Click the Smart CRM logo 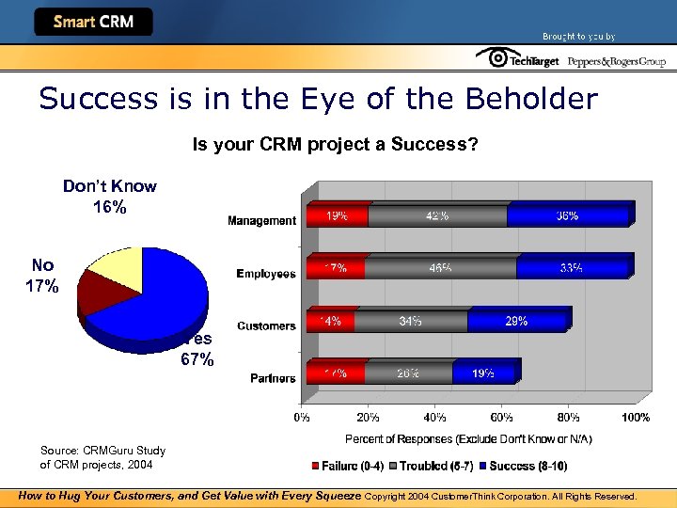94,22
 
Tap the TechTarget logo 517,59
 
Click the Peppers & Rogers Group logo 616,61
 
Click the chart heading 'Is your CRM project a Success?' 335,145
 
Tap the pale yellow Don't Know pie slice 118,264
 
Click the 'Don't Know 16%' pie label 109,197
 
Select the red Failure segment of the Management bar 336,216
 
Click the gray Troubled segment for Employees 440,268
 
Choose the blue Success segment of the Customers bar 517,322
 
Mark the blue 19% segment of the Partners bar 483,373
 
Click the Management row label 261,221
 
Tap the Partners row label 273,378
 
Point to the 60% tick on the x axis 501,417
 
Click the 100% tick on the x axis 635,417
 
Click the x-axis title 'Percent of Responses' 467,439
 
